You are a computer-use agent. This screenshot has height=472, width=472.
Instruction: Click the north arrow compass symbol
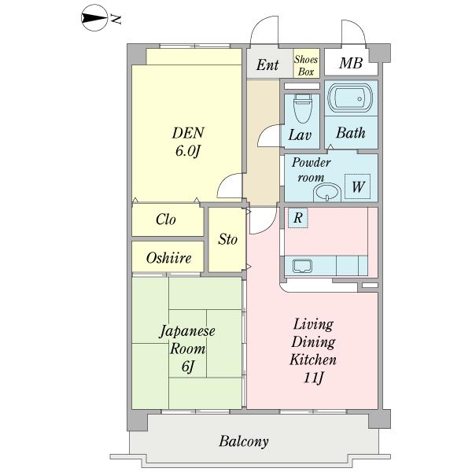point(94,18)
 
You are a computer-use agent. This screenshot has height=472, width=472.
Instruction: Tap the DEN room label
point(188,133)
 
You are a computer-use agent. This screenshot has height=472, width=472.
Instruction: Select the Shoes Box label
point(306,65)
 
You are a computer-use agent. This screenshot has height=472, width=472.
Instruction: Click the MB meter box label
point(351,63)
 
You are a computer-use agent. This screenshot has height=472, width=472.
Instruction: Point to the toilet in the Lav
point(302,109)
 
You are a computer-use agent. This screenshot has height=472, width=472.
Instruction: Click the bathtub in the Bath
point(350,98)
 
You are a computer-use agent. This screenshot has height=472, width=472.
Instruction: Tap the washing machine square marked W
point(358,186)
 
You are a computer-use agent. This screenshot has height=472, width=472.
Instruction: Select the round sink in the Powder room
point(327,193)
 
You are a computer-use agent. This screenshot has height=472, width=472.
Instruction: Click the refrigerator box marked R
point(298,218)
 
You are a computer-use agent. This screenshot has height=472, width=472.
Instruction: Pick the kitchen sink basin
point(302,266)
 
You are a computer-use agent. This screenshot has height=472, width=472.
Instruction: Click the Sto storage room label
point(227,239)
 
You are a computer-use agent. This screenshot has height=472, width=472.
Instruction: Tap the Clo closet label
point(166,219)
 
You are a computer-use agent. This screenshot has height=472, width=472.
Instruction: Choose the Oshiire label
point(168,258)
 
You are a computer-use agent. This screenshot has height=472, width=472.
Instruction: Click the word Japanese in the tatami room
point(187,331)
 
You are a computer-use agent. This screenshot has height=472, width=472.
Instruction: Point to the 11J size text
point(313,378)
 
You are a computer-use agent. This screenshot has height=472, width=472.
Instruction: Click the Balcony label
point(244,442)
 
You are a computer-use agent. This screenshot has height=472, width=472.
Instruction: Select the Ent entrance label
point(267,65)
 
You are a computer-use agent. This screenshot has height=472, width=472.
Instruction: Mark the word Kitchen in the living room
point(313,360)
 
